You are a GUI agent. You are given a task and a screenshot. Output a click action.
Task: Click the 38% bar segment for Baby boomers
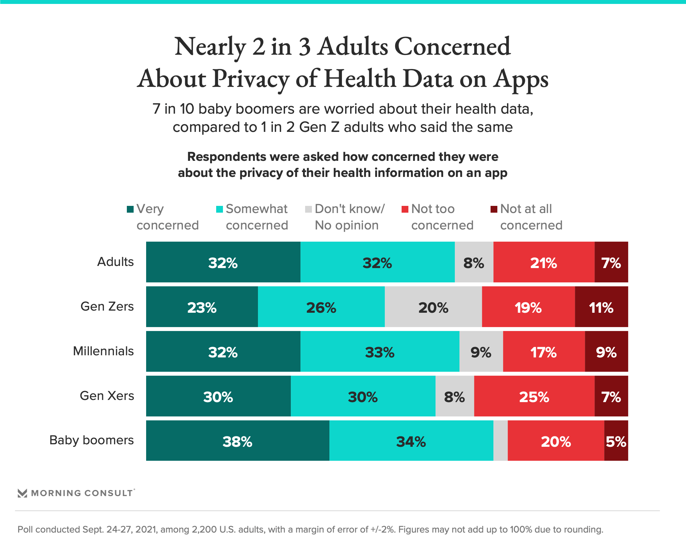point(238,441)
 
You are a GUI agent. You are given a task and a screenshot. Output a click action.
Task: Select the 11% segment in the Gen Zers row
point(601,307)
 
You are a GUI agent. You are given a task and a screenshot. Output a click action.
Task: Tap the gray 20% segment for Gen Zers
point(433,307)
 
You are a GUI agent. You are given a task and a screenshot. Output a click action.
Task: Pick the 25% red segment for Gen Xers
point(534,396)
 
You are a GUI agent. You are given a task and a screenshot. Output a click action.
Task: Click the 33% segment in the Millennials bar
point(380,351)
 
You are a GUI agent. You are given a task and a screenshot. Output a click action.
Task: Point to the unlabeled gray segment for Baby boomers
point(500,441)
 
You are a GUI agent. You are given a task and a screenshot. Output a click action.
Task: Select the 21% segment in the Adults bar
point(544,262)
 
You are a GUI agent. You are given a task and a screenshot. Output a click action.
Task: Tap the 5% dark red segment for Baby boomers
point(616,441)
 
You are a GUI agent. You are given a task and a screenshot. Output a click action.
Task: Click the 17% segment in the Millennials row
point(544,351)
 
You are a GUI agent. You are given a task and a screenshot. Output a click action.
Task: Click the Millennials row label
point(103,351)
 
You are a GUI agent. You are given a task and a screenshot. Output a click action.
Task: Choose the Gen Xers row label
point(107,396)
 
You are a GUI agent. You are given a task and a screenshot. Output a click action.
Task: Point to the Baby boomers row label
point(91,440)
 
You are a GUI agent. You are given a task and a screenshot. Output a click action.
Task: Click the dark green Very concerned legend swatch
point(130,209)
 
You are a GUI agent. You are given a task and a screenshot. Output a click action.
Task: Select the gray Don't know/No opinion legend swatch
point(309,209)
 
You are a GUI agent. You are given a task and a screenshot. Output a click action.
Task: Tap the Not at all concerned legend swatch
point(494,209)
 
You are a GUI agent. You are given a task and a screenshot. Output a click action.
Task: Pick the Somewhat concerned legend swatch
point(220,209)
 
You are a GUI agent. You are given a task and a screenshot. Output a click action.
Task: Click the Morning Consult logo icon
point(23,493)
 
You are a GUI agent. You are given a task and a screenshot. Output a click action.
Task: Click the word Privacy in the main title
point(251,79)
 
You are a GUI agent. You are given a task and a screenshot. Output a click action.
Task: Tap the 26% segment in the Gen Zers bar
point(321,307)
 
